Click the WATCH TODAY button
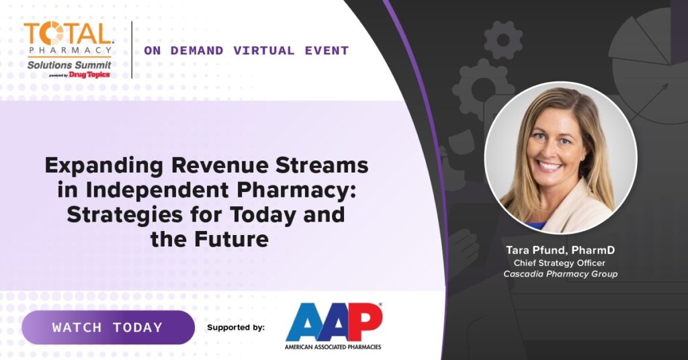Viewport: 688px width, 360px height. tap(108, 327)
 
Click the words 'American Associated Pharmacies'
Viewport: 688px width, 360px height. tap(333, 347)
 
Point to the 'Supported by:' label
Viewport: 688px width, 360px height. tap(236, 328)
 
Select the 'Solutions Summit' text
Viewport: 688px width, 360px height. tap(69, 65)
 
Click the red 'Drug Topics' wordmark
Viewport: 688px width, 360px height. tap(89, 75)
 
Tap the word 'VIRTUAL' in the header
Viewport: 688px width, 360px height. tap(263, 51)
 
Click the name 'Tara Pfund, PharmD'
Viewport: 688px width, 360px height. tap(560, 251)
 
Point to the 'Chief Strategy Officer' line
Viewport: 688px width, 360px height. tap(560, 263)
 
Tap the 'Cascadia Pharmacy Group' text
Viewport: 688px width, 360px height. tap(560, 274)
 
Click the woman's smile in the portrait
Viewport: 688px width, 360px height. tap(550, 166)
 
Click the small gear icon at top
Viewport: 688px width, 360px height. tap(503, 40)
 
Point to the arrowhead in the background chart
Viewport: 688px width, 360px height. tap(664, 87)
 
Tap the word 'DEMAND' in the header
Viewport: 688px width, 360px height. tap(197, 51)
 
